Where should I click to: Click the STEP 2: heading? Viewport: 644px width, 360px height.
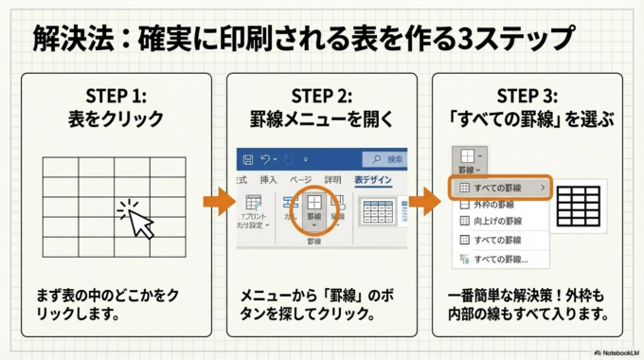pyautogui.click(x=321, y=96)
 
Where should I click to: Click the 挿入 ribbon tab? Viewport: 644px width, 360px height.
pyautogui.click(x=268, y=180)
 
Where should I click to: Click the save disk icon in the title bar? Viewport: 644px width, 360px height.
pyautogui.click(x=248, y=158)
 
